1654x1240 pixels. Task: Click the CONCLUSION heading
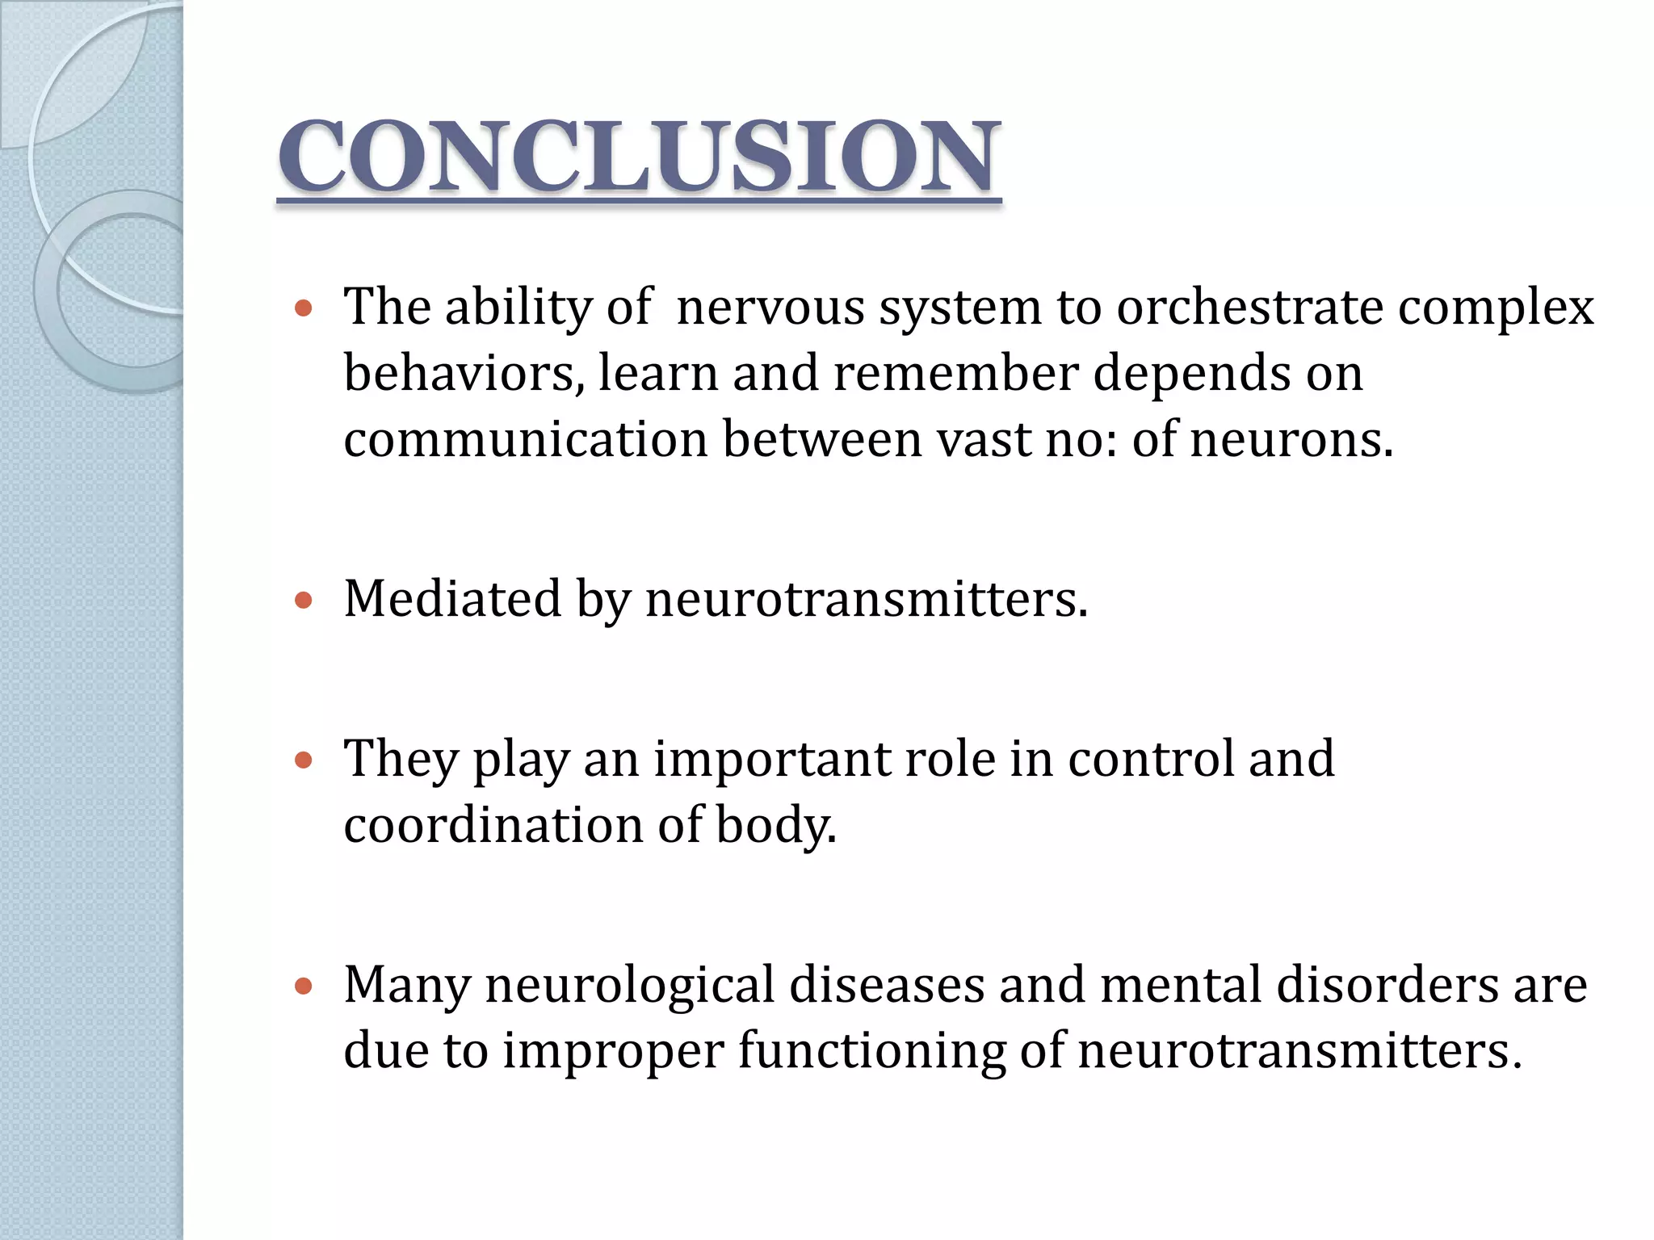tap(638, 157)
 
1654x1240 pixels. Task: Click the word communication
tap(526, 439)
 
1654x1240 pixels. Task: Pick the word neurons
tap(1291, 439)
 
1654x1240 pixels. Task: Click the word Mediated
tap(452, 599)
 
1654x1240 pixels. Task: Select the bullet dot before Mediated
tap(304, 601)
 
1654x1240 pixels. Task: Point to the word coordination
tap(493, 825)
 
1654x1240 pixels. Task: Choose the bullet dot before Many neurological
tap(304, 986)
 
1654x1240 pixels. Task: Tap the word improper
tap(613, 1051)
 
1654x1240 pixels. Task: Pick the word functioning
tap(871, 1051)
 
